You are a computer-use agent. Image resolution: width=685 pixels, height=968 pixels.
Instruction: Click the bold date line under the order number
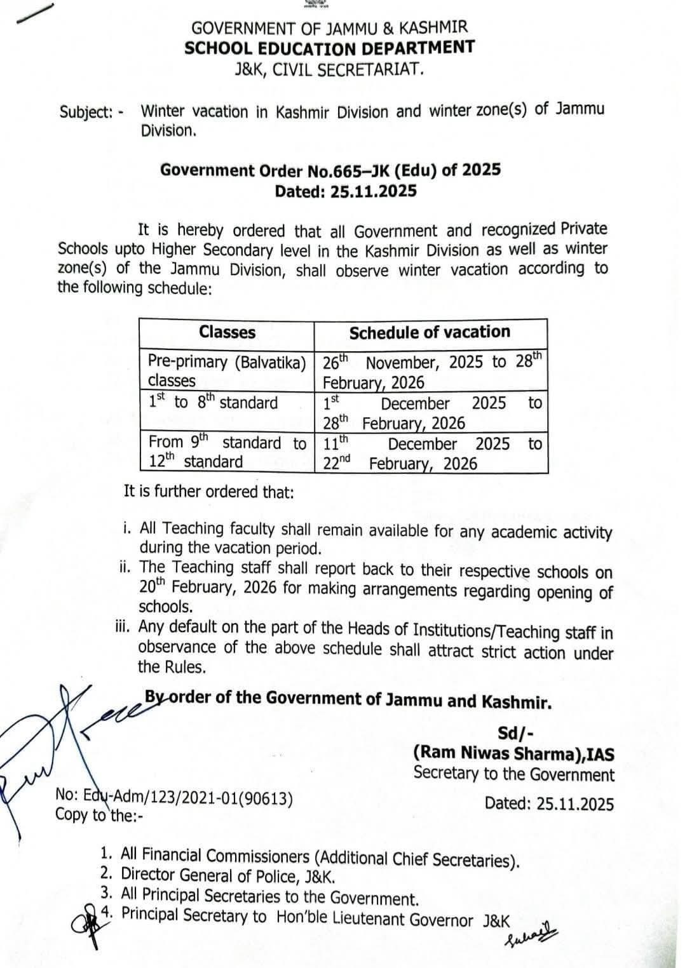[346, 191]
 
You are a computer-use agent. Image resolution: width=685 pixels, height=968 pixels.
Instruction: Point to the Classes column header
[227, 332]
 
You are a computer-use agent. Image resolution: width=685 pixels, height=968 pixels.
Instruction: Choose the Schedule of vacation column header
[430, 332]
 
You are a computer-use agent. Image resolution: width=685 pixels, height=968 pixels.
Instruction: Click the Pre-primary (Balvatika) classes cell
[227, 370]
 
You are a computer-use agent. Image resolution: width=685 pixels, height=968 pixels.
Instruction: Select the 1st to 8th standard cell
[214, 403]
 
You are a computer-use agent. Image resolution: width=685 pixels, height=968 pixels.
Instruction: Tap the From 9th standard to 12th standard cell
[227, 452]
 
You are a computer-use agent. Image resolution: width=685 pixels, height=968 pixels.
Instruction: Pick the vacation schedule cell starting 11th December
[431, 453]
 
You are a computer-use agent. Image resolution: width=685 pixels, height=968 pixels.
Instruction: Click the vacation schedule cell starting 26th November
[431, 371]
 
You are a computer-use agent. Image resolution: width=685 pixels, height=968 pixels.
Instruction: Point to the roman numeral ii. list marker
[126, 566]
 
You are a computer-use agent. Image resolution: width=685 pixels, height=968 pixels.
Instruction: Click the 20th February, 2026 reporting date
[207, 588]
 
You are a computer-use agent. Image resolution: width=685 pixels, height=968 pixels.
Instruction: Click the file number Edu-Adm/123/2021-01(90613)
[175, 797]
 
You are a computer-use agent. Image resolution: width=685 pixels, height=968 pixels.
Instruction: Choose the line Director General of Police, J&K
[228, 877]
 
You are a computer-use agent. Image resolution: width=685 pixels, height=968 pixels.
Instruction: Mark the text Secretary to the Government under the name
[513, 774]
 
